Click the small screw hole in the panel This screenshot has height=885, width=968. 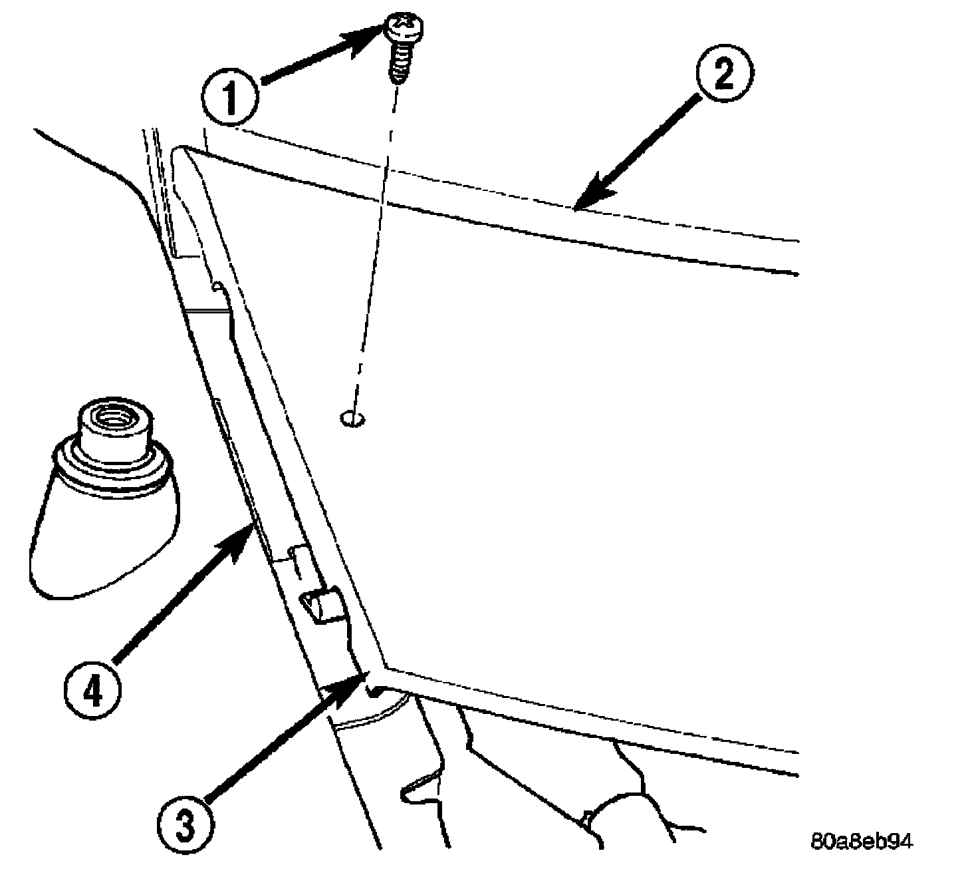[x=352, y=419]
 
